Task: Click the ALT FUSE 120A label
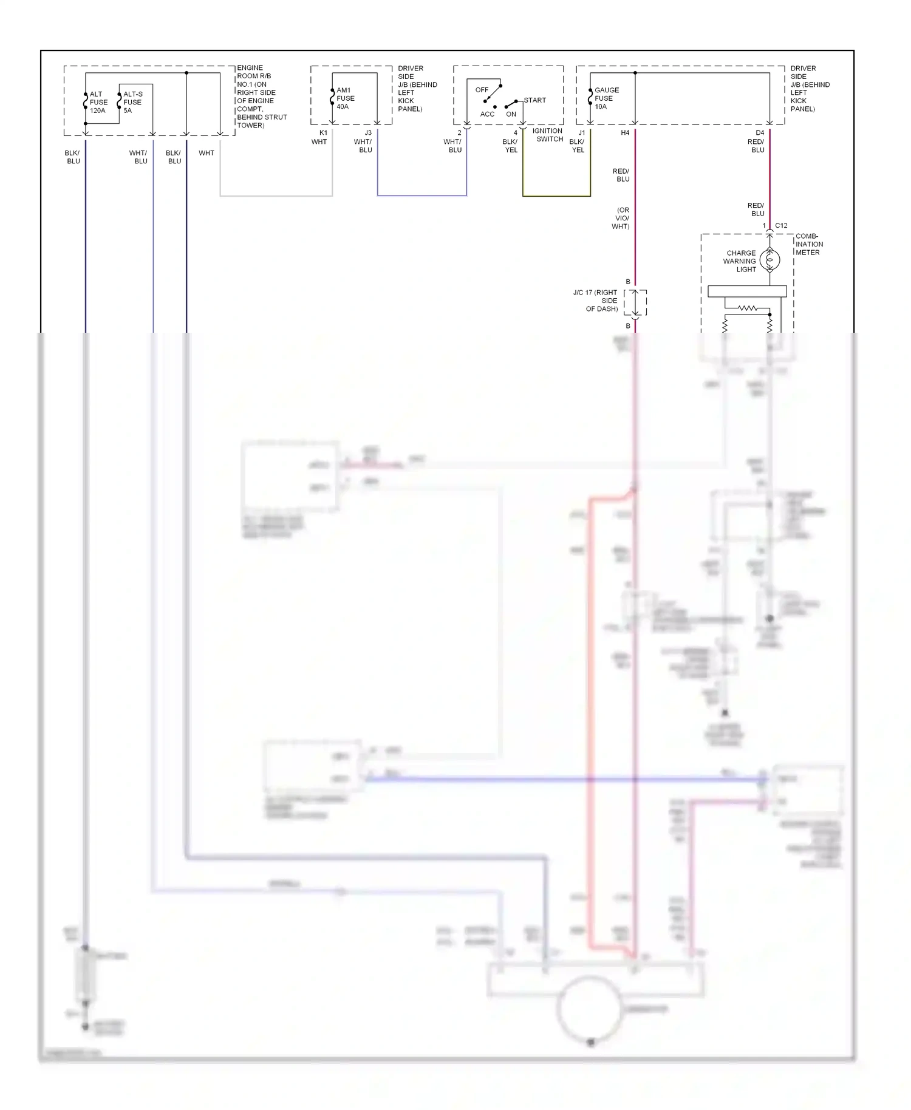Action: pyautogui.click(x=98, y=103)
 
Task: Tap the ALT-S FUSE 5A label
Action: pyautogui.click(x=132, y=103)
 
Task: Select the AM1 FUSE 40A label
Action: pyautogui.click(x=345, y=98)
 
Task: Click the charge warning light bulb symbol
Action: pyautogui.click(x=769, y=260)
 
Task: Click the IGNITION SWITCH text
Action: pyautogui.click(x=548, y=135)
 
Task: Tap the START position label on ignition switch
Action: pyautogui.click(x=534, y=100)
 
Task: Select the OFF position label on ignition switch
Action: pyautogui.click(x=482, y=90)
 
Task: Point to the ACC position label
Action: pyautogui.click(x=487, y=114)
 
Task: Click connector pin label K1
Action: pyautogui.click(x=323, y=132)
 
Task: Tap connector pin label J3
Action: pyautogui.click(x=368, y=132)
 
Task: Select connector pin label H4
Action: pyautogui.click(x=625, y=132)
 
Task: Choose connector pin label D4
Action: pyautogui.click(x=760, y=132)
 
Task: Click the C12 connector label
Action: pyautogui.click(x=781, y=225)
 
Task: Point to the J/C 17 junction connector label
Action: pyautogui.click(x=595, y=301)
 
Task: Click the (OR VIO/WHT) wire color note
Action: pyautogui.click(x=621, y=218)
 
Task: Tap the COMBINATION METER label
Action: pyautogui.click(x=808, y=244)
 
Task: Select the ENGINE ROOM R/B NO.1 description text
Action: pyautogui.click(x=261, y=97)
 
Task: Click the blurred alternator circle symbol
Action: pyautogui.click(x=589, y=1009)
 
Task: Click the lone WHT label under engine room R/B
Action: pyautogui.click(x=206, y=153)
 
